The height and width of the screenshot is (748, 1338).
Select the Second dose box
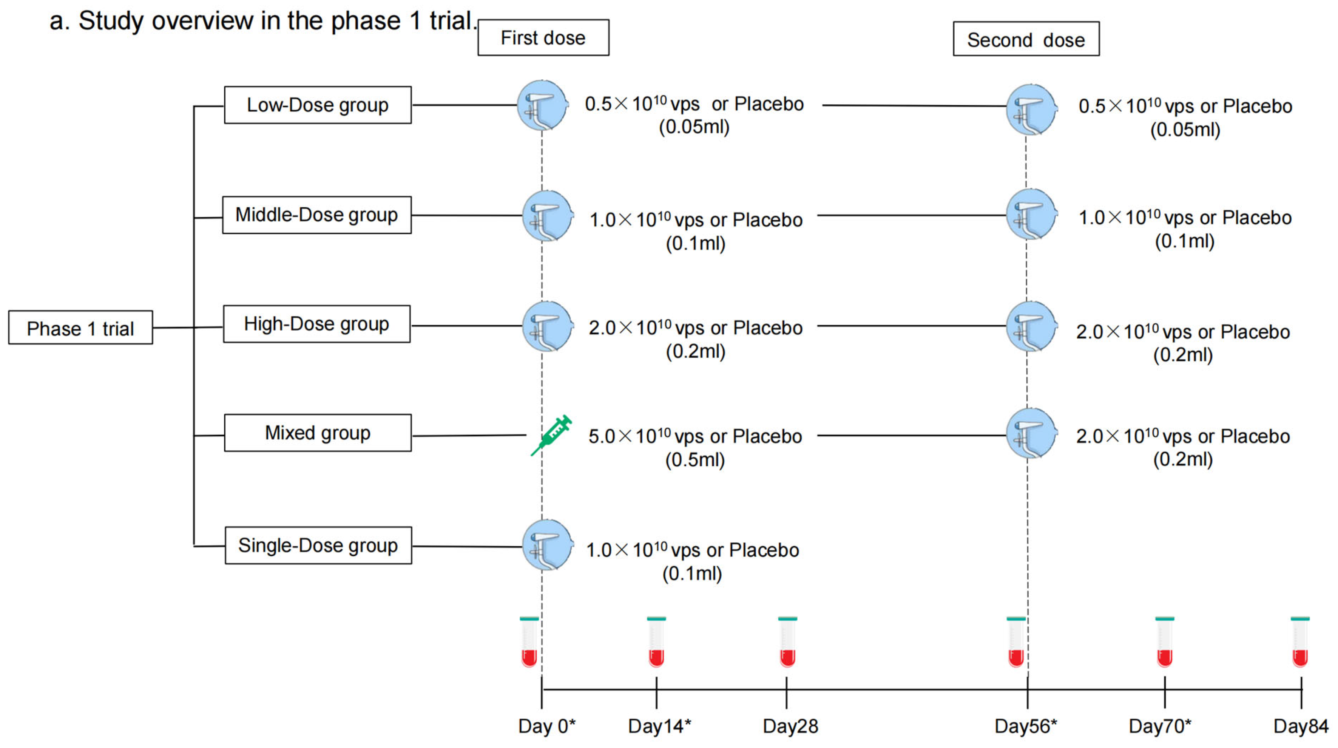pyautogui.click(x=1026, y=39)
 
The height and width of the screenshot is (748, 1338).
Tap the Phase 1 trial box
pyautogui.click(x=80, y=328)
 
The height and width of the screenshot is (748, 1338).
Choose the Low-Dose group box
pyautogui.click(x=317, y=105)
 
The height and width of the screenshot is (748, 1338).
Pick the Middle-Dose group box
pyautogui.click(x=317, y=215)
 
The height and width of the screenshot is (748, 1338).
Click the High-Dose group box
pyautogui.click(x=316, y=324)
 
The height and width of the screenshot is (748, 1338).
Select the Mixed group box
pyautogui.click(x=317, y=433)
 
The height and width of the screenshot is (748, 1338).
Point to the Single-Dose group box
pyautogui.click(x=318, y=546)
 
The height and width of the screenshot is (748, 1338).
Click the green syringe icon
pyautogui.click(x=551, y=435)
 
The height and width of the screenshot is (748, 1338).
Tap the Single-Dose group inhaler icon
pyautogui.click(x=547, y=546)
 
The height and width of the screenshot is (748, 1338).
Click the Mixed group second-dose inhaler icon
pyautogui.click(x=1031, y=434)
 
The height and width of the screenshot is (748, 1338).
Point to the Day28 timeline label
pyautogui.click(x=790, y=726)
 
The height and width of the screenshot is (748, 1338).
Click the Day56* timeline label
pyautogui.click(x=1026, y=726)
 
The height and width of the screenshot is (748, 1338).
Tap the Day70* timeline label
pyautogui.click(x=1160, y=726)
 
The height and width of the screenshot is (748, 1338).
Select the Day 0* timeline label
pyautogui.click(x=547, y=726)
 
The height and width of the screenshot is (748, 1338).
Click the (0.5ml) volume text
pyautogui.click(x=695, y=460)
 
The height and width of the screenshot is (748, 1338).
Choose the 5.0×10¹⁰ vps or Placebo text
pyautogui.click(x=695, y=436)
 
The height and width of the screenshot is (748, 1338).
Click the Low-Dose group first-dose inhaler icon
pyautogui.click(x=542, y=105)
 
